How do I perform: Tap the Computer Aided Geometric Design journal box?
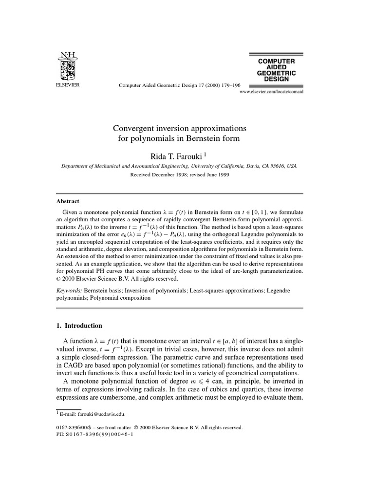click(x=276, y=69)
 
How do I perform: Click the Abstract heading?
click(x=68, y=201)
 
